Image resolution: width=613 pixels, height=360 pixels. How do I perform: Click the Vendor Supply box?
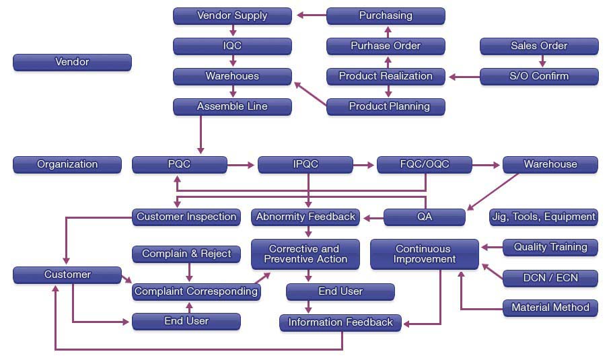tap(232, 15)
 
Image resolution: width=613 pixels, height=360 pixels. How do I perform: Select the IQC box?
tap(232, 46)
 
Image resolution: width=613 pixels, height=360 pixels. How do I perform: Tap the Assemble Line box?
tap(232, 106)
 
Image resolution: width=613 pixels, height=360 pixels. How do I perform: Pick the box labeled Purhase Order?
tap(386, 46)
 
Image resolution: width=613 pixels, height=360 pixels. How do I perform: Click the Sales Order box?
tap(539, 46)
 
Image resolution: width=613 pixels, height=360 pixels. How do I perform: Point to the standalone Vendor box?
tap(72, 62)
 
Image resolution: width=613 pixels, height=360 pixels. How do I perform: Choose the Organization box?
tap(67, 164)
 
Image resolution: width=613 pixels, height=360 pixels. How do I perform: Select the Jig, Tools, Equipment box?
tap(544, 217)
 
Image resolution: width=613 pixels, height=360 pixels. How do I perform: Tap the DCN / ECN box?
tap(550, 277)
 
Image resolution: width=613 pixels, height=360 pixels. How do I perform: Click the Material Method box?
tap(550, 308)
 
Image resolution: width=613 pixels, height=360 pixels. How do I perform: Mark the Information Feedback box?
tap(340, 322)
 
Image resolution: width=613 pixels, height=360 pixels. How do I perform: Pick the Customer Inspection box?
tap(186, 217)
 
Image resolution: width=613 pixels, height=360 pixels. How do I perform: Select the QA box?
tap(425, 217)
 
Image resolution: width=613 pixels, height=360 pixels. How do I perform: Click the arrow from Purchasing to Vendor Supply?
tap(310, 15)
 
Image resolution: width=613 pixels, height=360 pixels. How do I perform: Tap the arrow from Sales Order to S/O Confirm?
tap(542, 61)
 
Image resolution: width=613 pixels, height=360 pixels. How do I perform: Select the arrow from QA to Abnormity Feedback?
tap(371, 217)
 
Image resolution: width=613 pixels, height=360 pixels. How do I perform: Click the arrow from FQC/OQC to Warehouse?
tap(486, 164)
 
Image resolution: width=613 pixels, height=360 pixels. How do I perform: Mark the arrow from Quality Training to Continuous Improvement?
tap(492, 247)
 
